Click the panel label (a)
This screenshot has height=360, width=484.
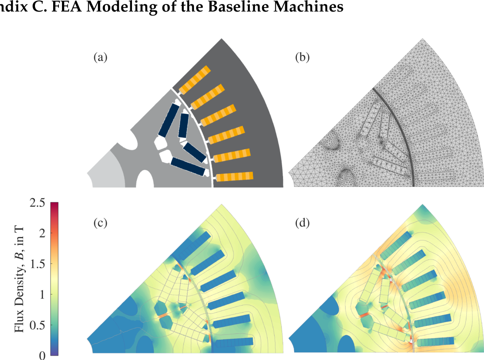coord(101,58)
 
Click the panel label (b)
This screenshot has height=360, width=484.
coord(302,58)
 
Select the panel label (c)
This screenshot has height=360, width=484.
coord(101,223)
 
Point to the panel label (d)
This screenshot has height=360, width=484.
coord(302,223)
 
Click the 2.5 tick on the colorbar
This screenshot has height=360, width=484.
coord(37,203)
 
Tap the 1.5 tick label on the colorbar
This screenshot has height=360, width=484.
coord(37,264)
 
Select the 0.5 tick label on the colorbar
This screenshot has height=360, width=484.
coord(37,325)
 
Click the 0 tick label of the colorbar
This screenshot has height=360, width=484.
coord(42,356)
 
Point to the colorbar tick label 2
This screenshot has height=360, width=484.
coord(42,233)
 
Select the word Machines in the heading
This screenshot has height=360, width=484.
coord(308,6)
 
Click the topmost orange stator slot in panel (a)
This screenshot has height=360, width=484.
coord(195,80)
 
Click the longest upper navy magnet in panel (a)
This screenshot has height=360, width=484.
coord(169,120)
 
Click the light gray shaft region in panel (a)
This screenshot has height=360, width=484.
coord(106,171)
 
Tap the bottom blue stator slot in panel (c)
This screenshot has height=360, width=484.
coord(235,342)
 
